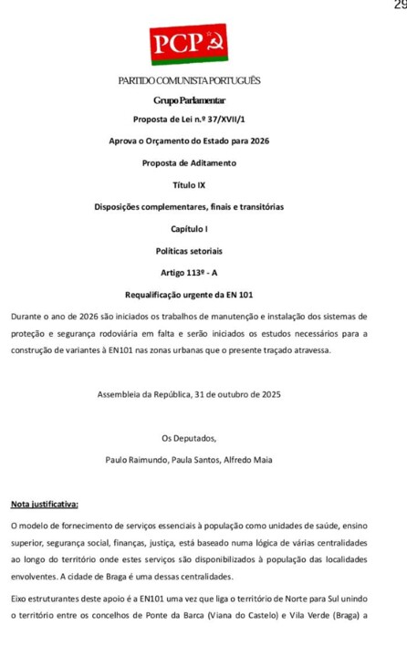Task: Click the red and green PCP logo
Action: [x=189, y=44]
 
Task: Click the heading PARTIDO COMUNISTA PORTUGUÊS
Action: [x=189, y=81]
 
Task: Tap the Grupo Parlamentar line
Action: [x=189, y=99]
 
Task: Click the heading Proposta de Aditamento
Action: [x=189, y=162]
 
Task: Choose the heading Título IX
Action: [x=189, y=184]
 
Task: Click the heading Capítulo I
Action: [x=189, y=228]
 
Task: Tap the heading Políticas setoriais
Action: [x=189, y=250]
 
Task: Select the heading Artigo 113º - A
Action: [x=189, y=273]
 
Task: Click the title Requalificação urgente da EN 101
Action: [x=189, y=295]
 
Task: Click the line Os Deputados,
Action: [x=189, y=438]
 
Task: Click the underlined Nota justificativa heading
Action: [x=45, y=504]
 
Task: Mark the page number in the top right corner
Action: [x=400, y=5]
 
